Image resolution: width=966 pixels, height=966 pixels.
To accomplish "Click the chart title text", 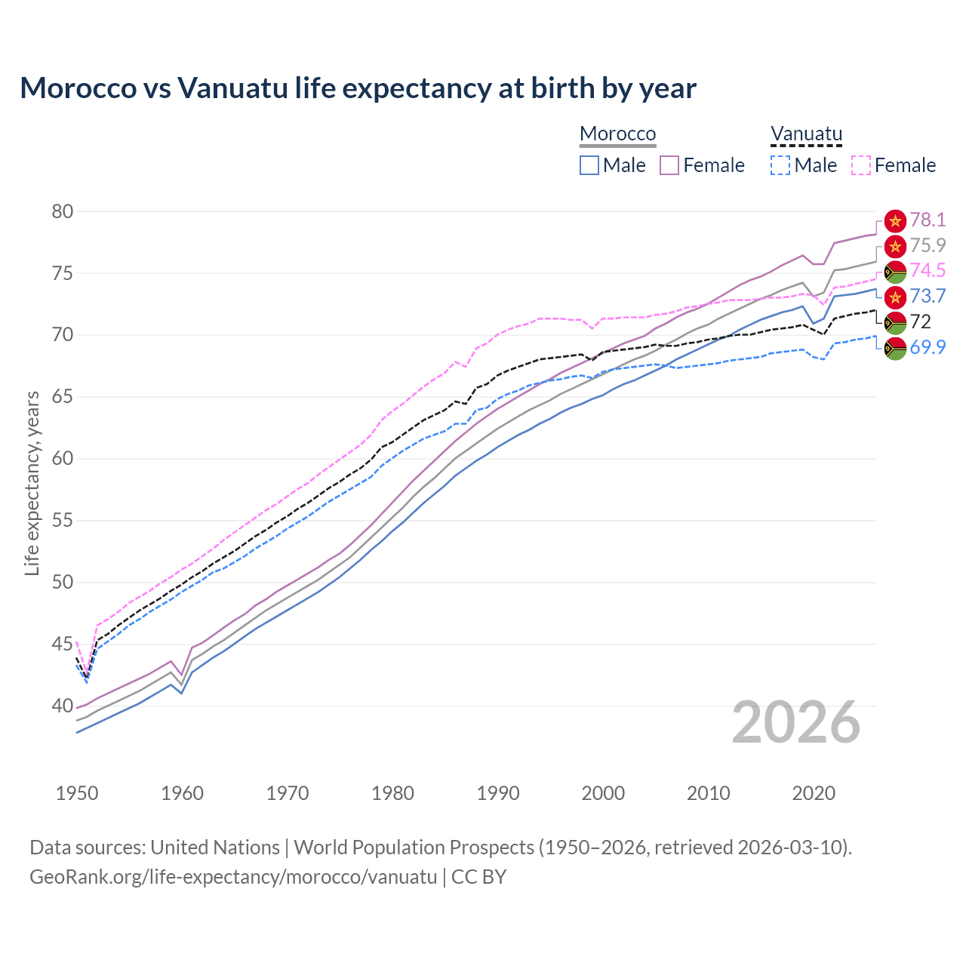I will pyautogui.click(x=358, y=88).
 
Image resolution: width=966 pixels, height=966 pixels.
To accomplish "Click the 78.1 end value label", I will pyautogui.click(x=928, y=220).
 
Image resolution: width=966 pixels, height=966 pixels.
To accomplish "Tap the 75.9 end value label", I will pyautogui.click(x=928, y=245).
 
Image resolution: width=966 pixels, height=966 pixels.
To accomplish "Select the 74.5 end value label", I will pyautogui.click(x=928, y=270).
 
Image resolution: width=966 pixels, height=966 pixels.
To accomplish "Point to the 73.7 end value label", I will pyautogui.click(x=928, y=296).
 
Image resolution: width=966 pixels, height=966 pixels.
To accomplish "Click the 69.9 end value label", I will pyautogui.click(x=928, y=347).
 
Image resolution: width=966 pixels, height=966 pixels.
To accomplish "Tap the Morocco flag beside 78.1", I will pyautogui.click(x=894, y=220).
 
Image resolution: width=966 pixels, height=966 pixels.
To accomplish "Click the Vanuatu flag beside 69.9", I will pyautogui.click(x=894, y=349).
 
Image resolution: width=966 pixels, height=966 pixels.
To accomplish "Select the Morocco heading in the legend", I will pyautogui.click(x=617, y=134).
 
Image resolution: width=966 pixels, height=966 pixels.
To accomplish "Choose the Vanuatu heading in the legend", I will pyautogui.click(x=806, y=134).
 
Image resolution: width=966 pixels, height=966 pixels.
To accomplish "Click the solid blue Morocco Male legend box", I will pyautogui.click(x=589, y=165).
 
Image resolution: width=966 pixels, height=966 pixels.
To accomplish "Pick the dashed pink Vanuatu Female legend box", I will pyautogui.click(x=861, y=165).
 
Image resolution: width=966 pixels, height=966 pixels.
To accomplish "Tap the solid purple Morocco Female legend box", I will pyautogui.click(x=669, y=165).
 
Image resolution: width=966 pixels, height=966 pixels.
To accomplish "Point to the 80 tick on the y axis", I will pyautogui.click(x=63, y=211).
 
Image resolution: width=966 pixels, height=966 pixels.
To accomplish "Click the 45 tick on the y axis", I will pyautogui.click(x=63, y=645).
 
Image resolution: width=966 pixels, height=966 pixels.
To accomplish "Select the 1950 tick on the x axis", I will pyautogui.click(x=77, y=793).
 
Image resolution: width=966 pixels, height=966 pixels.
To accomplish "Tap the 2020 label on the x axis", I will pyautogui.click(x=814, y=793).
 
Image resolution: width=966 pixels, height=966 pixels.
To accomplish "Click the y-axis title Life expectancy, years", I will pyautogui.click(x=32, y=483).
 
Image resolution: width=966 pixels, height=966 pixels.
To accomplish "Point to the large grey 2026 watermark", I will pyautogui.click(x=796, y=722).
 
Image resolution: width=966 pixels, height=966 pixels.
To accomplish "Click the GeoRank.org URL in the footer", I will pyautogui.click(x=233, y=877).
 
